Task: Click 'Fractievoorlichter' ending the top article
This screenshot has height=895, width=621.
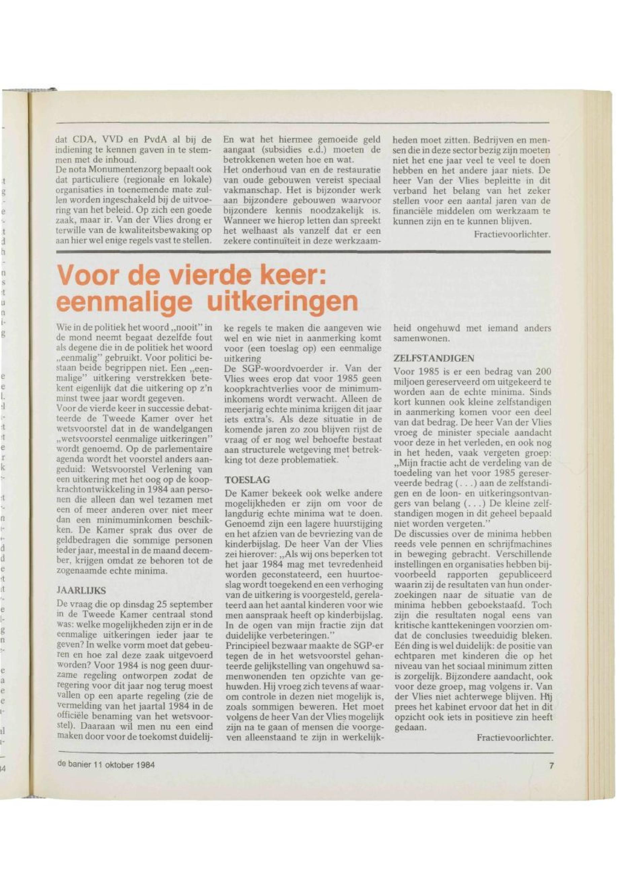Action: pos(512,234)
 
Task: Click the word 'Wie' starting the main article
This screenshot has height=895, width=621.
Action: pos(63,328)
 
